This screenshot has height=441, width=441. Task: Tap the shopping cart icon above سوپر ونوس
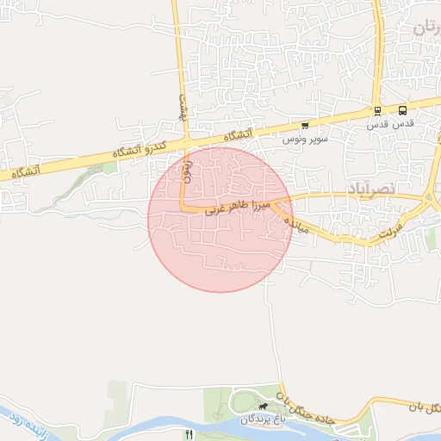[304, 125]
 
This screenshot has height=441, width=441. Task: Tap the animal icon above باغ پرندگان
[263, 405]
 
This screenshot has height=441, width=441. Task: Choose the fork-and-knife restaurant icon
[189, 434]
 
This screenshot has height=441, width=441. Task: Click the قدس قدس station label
[391, 123]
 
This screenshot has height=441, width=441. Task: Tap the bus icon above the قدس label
[402, 110]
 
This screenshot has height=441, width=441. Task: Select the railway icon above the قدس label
[377, 110]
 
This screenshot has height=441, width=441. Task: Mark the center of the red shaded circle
[220, 220]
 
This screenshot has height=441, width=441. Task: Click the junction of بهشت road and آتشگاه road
[185, 140]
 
